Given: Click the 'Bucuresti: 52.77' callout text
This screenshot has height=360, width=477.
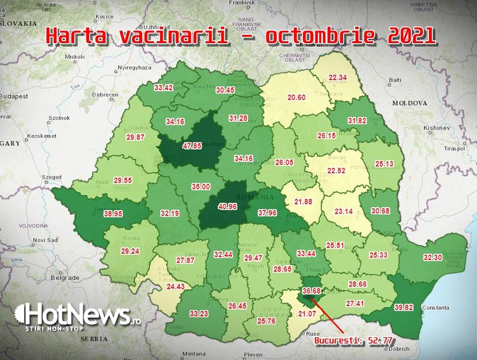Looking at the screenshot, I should pos(354,341).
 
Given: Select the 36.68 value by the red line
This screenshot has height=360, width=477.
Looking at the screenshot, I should pos(312,292).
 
